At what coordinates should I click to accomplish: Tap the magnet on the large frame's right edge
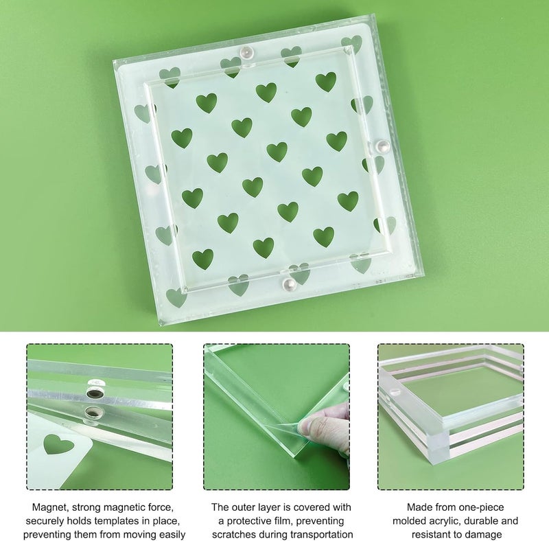(x=384, y=146)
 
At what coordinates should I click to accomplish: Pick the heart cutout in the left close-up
(x=58, y=445)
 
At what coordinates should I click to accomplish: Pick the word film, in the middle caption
(x=291, y=520)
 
